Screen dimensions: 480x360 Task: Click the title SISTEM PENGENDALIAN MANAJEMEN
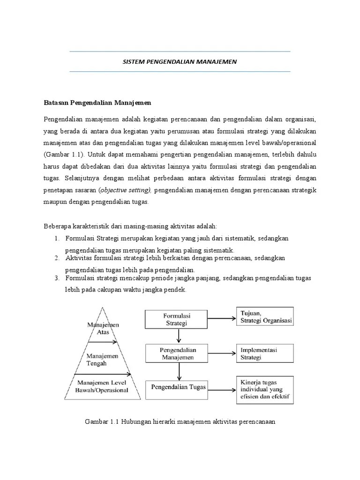tap(180, 61)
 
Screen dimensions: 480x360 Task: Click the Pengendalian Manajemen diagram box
tap(177, 354)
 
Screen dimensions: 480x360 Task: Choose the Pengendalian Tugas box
tap(178, 387)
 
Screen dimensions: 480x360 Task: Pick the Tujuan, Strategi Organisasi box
tap(266, 317)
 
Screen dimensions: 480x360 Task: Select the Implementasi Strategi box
tap(266, 353)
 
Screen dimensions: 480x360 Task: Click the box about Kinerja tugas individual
tap(265, 388)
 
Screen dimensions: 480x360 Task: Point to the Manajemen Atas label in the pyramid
tap(103, 328)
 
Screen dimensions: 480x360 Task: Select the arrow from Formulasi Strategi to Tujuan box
tap(221, 318)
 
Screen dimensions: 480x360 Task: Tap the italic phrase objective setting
tap(125, 190)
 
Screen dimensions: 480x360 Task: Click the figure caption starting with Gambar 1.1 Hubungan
tap(180, 421)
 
